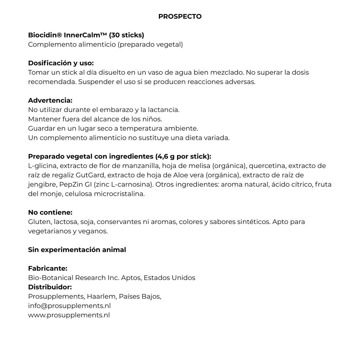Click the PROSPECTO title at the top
180,16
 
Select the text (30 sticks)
126,35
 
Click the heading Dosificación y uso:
61,63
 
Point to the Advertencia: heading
50,100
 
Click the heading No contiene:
50,212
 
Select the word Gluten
38,222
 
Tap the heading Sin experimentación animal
77,250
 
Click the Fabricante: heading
48,268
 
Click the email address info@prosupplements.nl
69,306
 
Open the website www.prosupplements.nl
69,315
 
